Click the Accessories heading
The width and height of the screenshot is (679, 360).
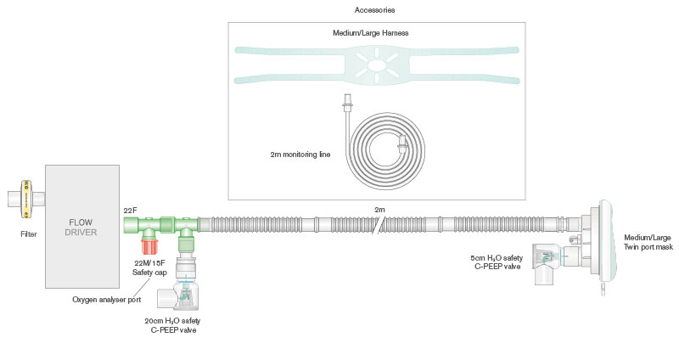[376, 9]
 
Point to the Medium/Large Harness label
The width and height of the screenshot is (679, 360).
[376, 34]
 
